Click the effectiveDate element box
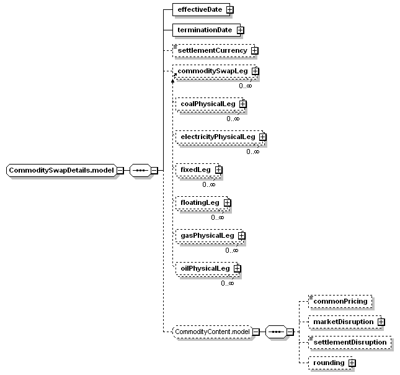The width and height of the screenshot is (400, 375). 202,10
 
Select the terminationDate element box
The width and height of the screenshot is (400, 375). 207,30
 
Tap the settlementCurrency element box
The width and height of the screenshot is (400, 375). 214,50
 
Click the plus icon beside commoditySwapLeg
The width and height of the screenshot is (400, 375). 255,71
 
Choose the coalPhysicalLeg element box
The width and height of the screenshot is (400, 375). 210,104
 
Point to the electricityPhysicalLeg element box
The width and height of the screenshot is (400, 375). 220,137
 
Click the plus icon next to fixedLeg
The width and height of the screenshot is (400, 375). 219,170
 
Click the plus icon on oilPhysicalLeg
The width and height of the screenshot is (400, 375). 238,268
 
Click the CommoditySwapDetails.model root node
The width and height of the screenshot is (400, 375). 61,170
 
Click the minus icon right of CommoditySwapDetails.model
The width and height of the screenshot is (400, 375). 120,170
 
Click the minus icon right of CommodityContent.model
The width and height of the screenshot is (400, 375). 256,332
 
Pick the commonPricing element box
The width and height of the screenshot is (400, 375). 340,302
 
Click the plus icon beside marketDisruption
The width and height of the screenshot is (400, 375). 381,322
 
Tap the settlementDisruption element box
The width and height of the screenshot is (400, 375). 350,342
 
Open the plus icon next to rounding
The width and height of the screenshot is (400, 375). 352,363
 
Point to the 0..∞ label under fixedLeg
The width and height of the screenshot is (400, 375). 209,184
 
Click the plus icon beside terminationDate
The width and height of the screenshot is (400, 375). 240,30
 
